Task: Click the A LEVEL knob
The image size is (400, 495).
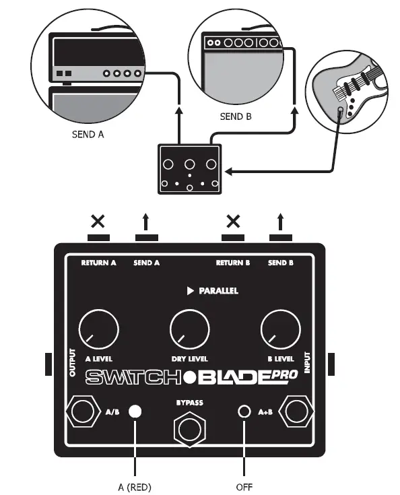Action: coord(98,330)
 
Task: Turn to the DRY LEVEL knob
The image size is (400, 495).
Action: coord(189,330)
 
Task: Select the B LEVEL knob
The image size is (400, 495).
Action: coord(280,330)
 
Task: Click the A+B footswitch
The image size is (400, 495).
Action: coord(297,411)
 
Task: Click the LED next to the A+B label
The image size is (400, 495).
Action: coord(244,411)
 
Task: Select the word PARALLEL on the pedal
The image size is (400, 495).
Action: coord(218,291)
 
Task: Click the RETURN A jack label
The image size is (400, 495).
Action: coord(98,263)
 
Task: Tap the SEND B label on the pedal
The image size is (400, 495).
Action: coord(281,263)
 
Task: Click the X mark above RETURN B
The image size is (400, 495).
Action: coord(233,220)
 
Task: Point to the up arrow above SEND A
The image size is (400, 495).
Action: coord(146,220)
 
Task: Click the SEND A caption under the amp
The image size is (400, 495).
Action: coord(88,134)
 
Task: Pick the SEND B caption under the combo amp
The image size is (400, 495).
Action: coord(236,117)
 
